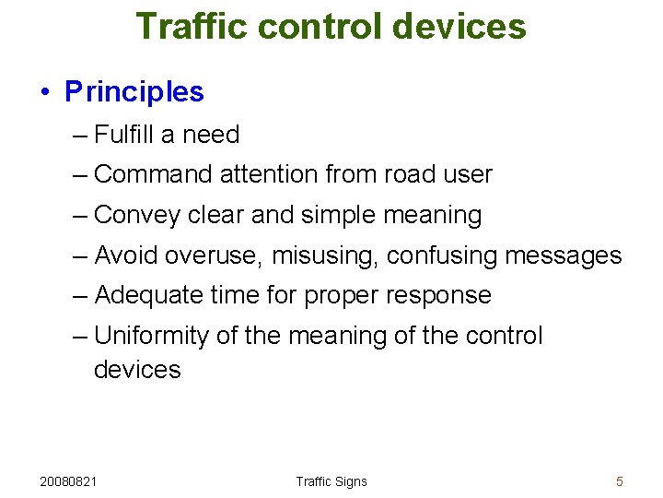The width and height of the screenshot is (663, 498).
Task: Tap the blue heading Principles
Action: (x=134, y=92)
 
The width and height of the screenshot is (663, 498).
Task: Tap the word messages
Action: (x=564, y=255)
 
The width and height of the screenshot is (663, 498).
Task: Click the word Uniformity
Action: (x=152, y=336)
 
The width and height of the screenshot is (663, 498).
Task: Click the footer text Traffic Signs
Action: (x=331, y=481)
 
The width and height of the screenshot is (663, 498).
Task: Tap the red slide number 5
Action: (x=620, y=481)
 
